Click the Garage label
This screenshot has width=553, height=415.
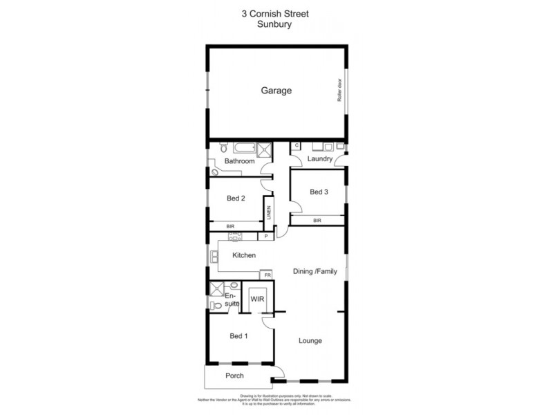276,91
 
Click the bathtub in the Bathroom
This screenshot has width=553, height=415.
241,147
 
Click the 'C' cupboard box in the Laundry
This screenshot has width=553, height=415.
296,146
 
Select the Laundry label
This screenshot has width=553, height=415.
320,159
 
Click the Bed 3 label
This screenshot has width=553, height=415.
318,192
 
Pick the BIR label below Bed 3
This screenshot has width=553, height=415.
317,220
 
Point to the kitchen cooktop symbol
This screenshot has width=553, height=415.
234,237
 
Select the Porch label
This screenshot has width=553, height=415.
235,376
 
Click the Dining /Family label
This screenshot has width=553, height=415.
315,271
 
